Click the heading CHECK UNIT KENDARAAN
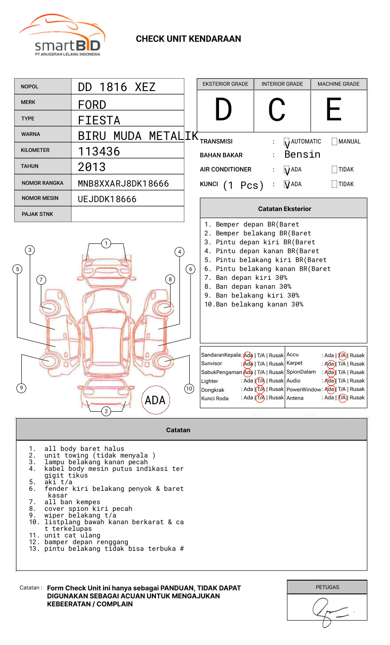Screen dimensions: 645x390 tap(188, 39)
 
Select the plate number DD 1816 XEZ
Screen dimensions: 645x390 tap(116, 87)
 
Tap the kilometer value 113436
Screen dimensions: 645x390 tap(99, 151)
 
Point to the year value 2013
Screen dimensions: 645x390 tap(92, 167)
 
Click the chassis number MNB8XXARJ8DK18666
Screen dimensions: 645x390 tap(123, 183)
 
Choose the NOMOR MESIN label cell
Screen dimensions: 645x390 tap(43, 198)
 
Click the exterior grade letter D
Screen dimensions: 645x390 tap(223, 110)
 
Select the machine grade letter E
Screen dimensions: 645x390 tap(334, 110)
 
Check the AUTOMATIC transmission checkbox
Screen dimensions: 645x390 tap(287, 142)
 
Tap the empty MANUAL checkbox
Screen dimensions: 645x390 tap(334, 141)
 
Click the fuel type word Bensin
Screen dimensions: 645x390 tap(302, 155)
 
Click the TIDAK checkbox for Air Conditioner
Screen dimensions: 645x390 tap(334, 169)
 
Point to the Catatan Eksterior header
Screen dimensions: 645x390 tap(284, 209)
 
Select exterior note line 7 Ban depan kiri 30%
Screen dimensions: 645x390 tap(246, 278)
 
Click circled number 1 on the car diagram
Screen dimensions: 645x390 tap(106, 243)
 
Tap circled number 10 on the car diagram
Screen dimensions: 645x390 tap(189, 389)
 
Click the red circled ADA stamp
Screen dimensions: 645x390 tap(155, 400)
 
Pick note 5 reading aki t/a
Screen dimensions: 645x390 tap(58, 482)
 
